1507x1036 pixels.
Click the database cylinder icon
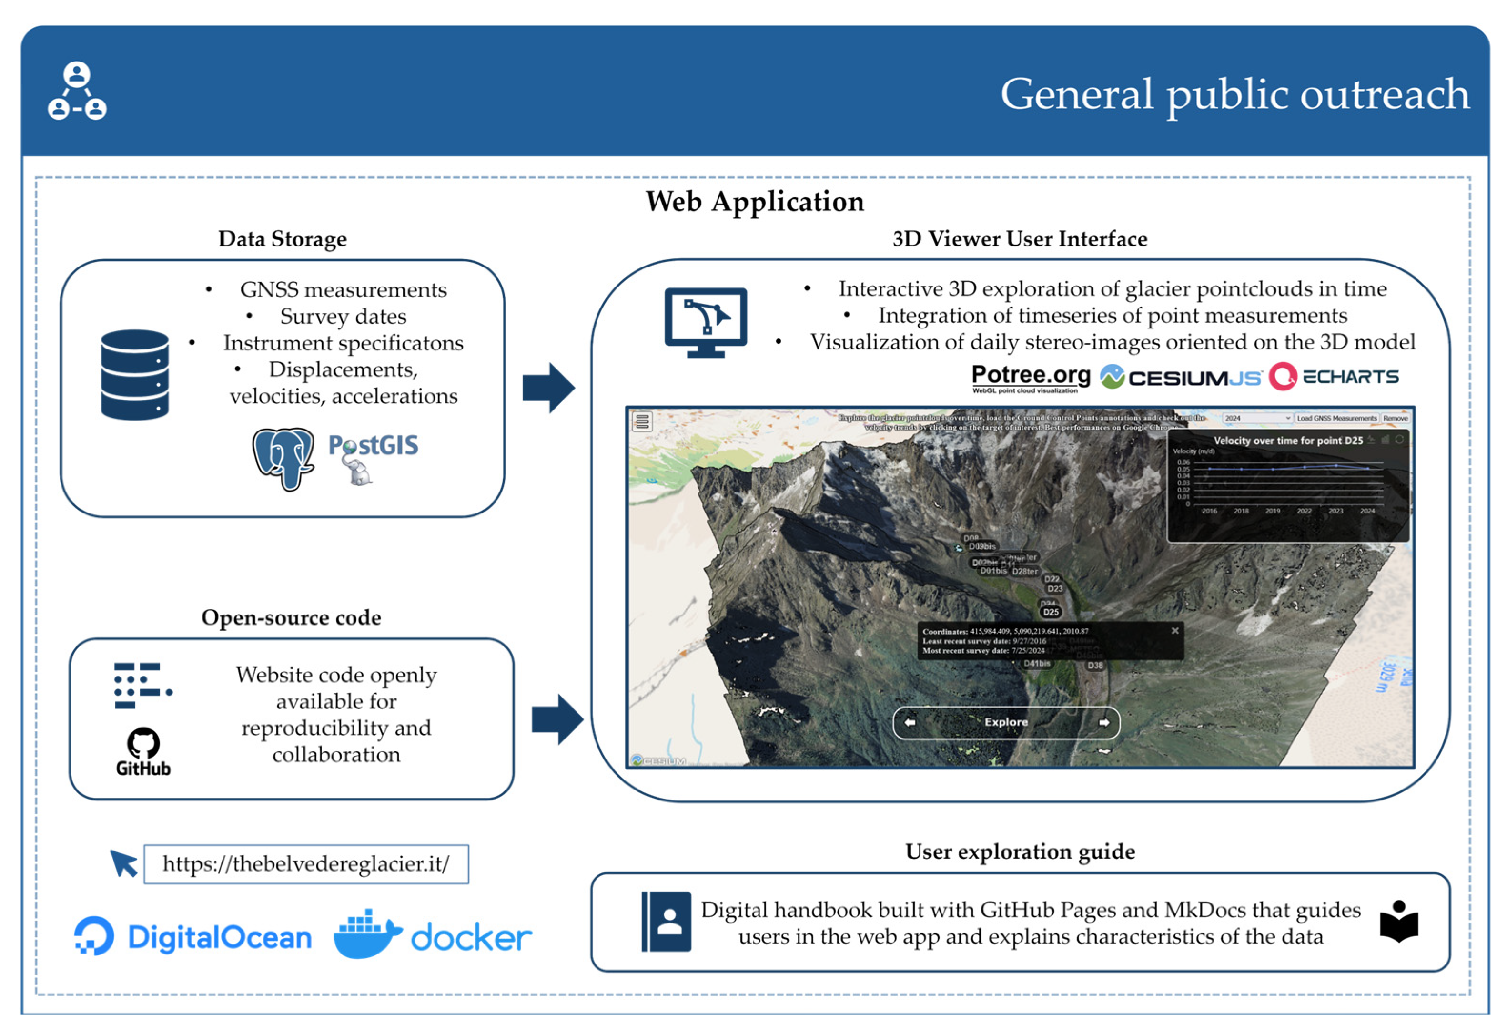click(x=134, y=375)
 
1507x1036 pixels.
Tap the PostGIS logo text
click(x=373, y=445)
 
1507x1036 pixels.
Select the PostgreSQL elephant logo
click(x=283, y=457)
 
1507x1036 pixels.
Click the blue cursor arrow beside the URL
click(x=123, y=862)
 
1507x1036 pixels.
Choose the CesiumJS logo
click(x=1180, y=377)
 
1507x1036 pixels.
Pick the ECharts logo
click(x=1333, y=377)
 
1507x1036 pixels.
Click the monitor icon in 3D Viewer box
click(x=706, y=322)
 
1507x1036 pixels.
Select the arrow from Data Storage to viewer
click(x=548, y=388)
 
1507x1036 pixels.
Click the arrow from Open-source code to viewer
click(x=556, y=719)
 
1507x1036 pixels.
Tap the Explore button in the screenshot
click(x=1005, y=722)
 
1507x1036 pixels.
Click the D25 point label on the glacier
click(x=1050, y=612)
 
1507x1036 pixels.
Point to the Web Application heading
click(x=755, y=201)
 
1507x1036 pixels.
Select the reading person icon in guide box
click(x=1399, y=921)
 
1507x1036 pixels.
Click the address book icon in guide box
click(x=666, y=922)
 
